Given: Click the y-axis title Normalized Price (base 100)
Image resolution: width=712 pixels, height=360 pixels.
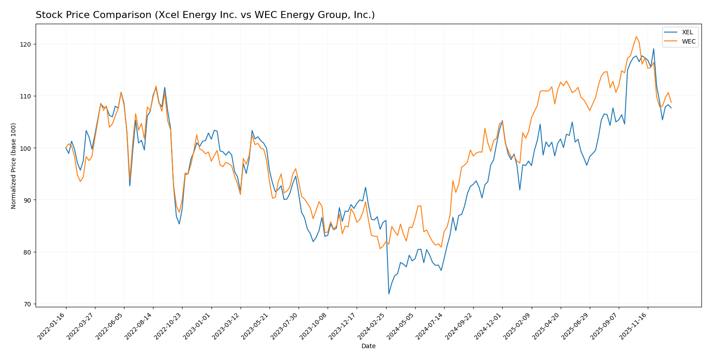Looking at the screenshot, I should coord(14,166).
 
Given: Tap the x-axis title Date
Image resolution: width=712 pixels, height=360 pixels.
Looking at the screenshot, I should coord(368,346).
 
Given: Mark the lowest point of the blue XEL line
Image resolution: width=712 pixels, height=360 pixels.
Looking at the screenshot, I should coord(389,294).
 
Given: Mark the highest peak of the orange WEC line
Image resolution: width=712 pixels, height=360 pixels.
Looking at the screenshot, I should coord(636,36).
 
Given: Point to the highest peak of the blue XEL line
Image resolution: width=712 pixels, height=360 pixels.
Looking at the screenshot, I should coord(654,49).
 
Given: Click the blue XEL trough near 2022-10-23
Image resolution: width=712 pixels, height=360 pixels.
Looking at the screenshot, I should coord(179,224).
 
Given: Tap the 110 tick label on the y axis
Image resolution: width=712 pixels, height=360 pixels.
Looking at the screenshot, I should coord(27,96).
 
